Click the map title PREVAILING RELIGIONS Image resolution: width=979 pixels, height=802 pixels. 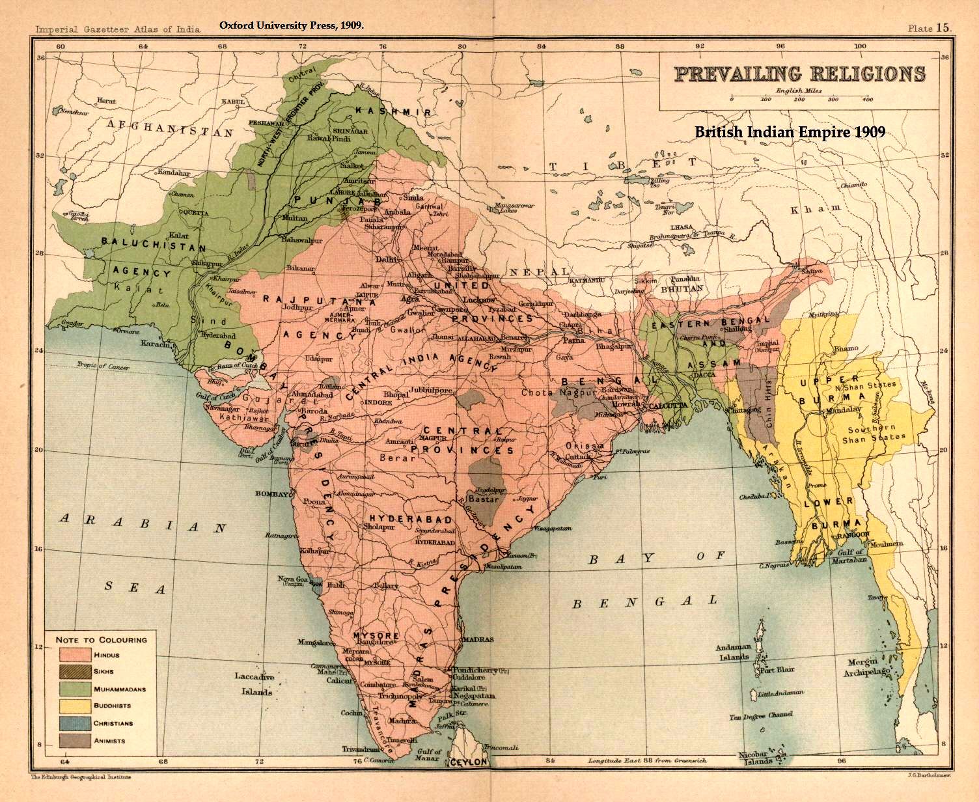click(x=799, y=73)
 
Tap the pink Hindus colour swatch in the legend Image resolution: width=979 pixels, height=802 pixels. click(x=74, y=655)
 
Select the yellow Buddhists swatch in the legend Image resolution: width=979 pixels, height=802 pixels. click(x=74, y=706)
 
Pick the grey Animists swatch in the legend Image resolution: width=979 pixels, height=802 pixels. click(x=74, y=740)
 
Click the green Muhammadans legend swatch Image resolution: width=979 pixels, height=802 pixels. click(x=74, y=689)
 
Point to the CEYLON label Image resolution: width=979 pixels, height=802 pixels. click(x=468, y=762)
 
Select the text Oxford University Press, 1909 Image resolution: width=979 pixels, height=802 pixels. click(x=291, y=25)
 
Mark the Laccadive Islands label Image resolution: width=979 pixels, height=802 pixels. click(x=255, y=684)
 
